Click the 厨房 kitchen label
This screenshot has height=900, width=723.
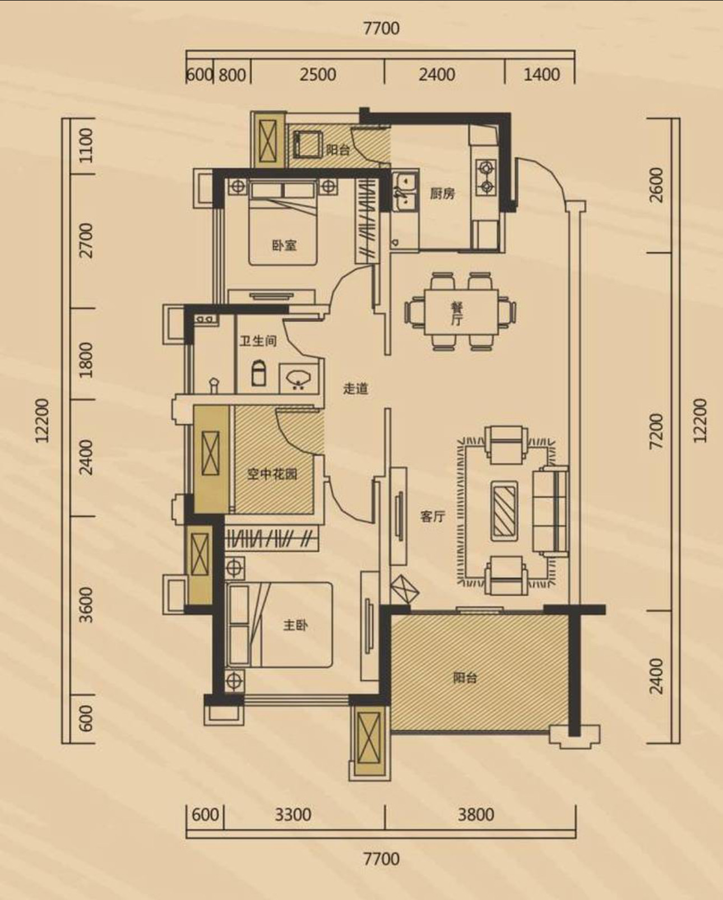(442, 194)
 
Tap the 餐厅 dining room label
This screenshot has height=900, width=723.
(457, 314)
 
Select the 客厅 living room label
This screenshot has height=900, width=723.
(433, 517)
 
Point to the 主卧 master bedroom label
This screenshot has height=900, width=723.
(295, 625)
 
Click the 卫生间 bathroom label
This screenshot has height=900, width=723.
(258, 341)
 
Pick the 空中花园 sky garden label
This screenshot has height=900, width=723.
(272, 474)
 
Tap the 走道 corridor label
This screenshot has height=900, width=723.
(356, 388)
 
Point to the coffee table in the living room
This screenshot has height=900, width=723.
(504, 511)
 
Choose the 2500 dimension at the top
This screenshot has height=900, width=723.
(318, 75)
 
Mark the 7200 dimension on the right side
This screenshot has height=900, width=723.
(657, 432)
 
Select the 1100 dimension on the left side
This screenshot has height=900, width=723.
(85, 146)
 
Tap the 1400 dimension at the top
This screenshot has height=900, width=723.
(542, 75)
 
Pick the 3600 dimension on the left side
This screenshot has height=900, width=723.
(86, 605)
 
